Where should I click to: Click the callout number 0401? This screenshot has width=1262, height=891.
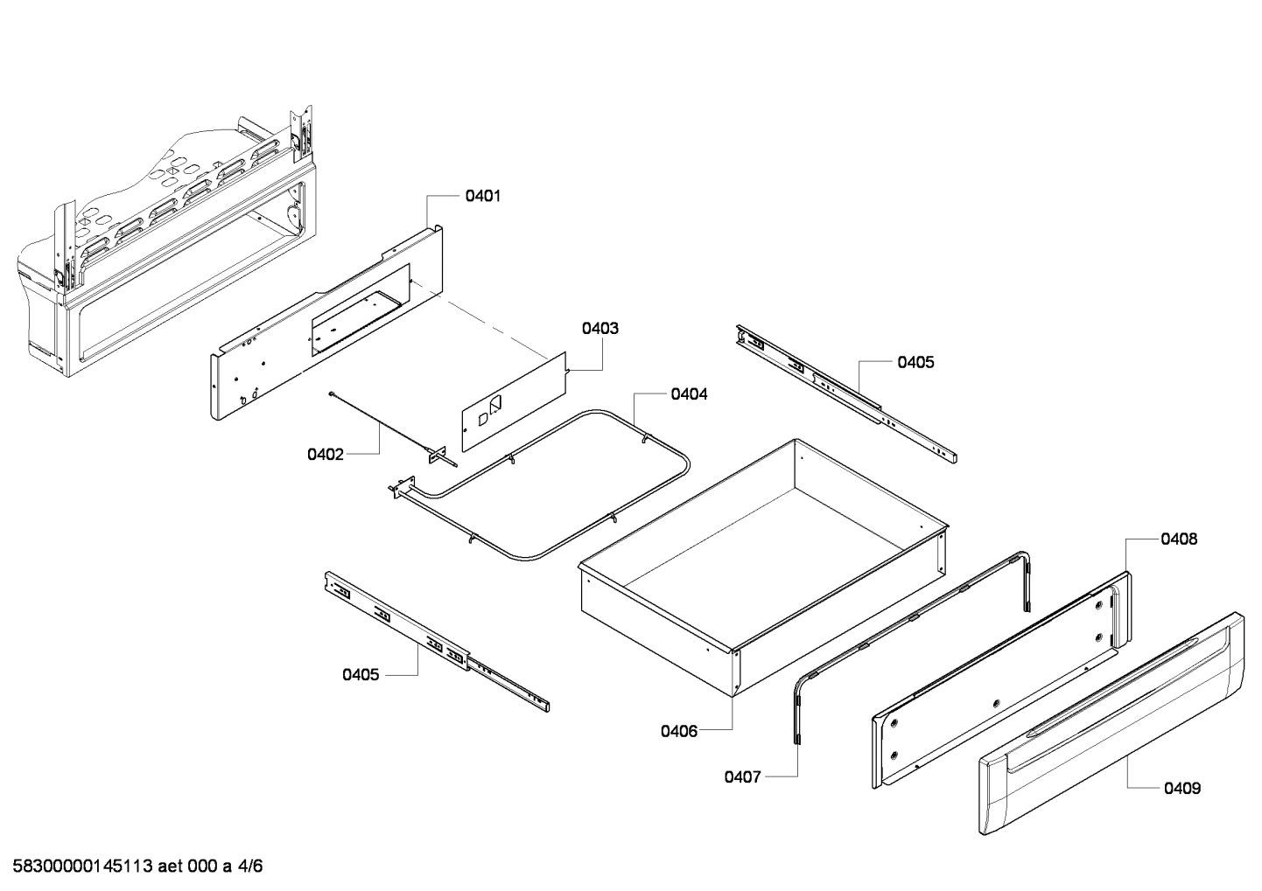pos(482,196)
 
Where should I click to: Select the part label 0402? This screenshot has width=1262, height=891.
pos(325,454)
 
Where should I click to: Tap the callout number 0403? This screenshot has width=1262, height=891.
pos(599,329)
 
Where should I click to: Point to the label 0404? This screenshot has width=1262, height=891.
pos(689,394)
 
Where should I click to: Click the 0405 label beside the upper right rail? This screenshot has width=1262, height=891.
pos(915,362)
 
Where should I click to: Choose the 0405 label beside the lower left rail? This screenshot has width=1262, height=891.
pos(361,674)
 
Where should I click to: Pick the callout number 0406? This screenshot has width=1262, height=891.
pos(679,731)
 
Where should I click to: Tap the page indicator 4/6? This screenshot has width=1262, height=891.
pos(250,867)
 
